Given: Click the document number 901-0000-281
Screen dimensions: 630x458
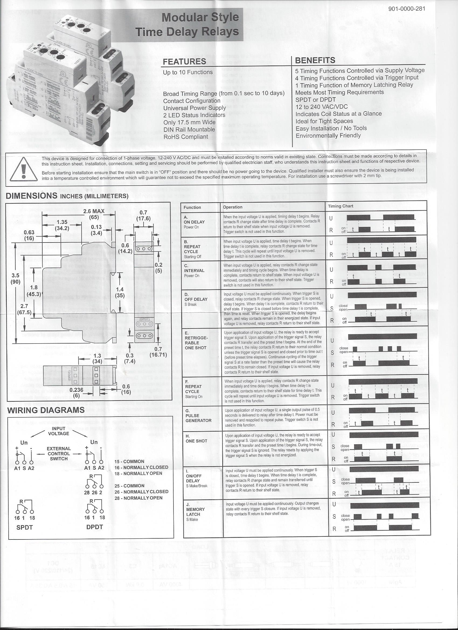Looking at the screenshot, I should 407,9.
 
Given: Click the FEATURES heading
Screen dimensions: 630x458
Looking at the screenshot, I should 185,61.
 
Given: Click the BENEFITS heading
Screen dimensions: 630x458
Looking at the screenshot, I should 315,60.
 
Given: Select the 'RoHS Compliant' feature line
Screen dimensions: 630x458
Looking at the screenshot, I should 186,137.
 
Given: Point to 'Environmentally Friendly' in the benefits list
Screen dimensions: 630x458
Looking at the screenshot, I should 328,136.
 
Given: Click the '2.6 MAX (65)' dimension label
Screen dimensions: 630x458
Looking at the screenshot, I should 94,214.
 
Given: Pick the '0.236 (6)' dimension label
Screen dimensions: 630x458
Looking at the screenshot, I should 77,393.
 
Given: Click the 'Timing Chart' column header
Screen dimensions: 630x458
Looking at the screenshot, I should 341,206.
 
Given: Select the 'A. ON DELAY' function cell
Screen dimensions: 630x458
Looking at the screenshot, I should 194,222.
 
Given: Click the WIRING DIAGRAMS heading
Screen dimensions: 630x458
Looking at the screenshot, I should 46,410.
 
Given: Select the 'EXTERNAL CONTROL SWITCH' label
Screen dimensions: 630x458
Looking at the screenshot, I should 59,454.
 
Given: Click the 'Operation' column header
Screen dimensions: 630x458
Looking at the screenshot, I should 233,207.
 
